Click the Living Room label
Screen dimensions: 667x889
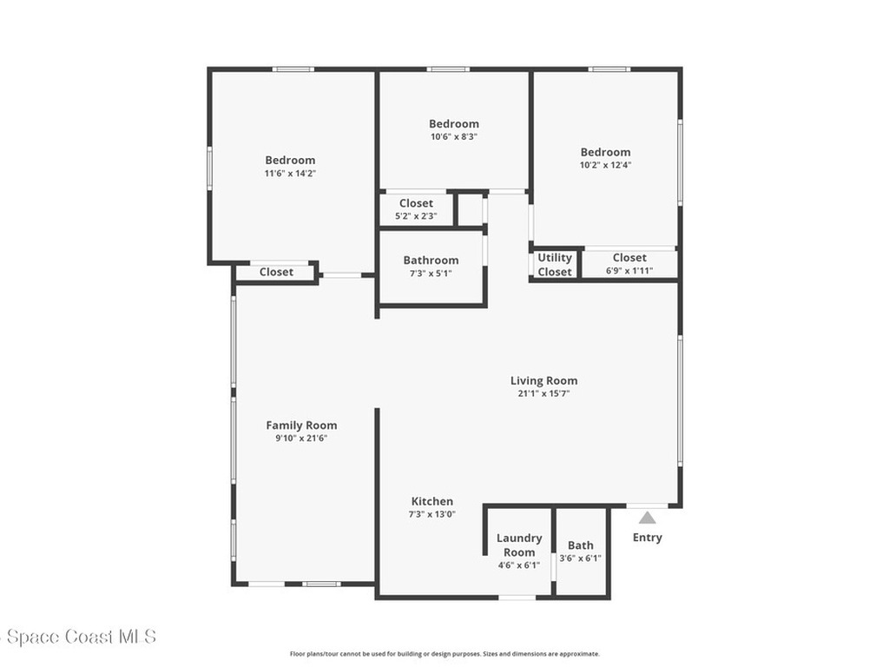click(543, 380)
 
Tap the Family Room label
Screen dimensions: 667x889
click(301, 426)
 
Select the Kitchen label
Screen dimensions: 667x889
click(431, 501)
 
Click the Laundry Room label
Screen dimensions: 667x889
click(519, 545)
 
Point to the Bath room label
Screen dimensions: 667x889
click(581, 545)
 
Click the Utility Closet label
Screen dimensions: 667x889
click(555, 265)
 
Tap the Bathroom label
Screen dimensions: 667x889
click(431, 261)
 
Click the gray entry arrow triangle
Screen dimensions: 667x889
click(647, 518)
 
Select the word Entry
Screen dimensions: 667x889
click(647, 538)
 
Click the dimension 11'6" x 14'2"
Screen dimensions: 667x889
click(290, 173)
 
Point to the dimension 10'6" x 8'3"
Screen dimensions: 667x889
click(454, 136)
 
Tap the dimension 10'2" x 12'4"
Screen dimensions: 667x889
click(606, 165)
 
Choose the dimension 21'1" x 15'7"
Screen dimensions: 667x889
click(543, 393)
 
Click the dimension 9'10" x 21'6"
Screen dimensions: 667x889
click(301, 439)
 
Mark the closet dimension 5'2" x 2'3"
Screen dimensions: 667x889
click(416, 216)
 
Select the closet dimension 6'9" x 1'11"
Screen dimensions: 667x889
click(629, 271)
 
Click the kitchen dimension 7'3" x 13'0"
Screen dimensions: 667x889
click(431, 514)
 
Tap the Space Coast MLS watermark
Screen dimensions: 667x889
click(79, 637)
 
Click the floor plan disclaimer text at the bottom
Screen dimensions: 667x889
click(444, 654)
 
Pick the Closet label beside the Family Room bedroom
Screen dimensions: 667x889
click(276, 272)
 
